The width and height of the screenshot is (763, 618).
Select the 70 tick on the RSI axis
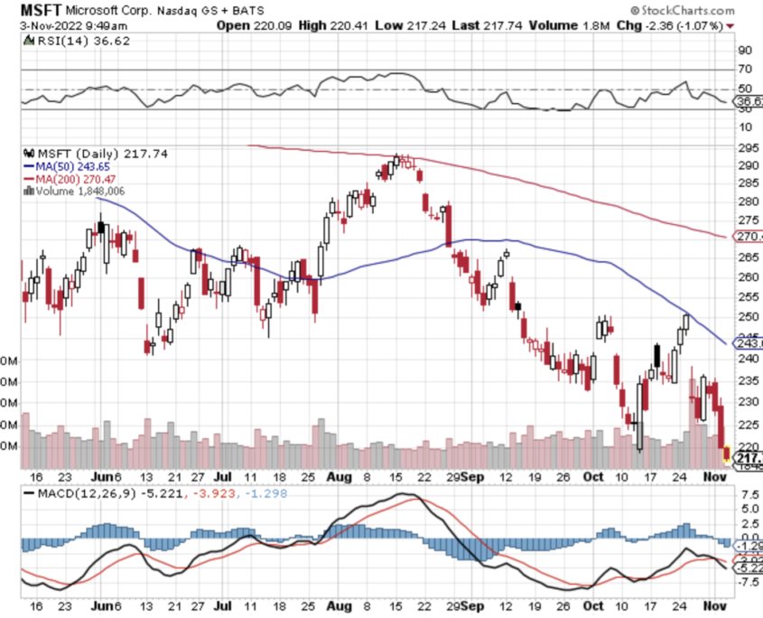745,69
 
